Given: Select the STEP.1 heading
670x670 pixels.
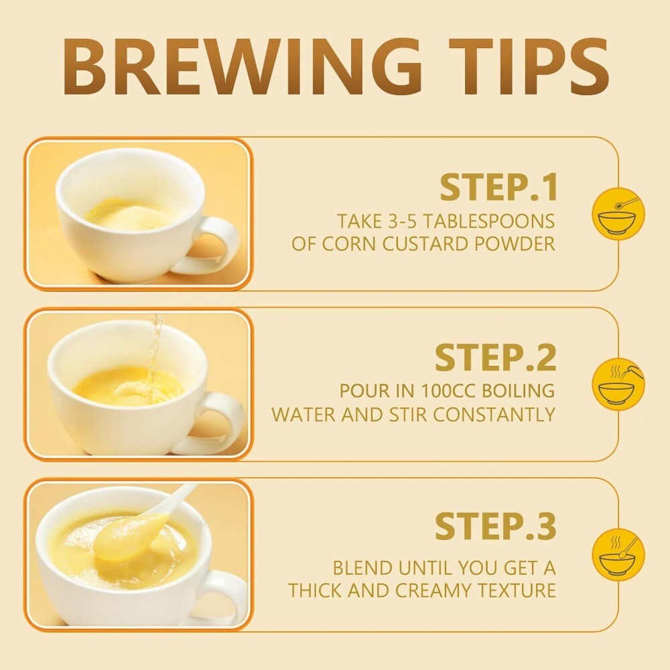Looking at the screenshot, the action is tap(498, 187).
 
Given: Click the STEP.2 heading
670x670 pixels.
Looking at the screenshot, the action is tap(496, 357).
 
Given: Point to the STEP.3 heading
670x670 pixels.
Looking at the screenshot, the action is tap(496, 526).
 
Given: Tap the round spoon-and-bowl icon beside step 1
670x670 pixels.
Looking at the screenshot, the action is tap(618, 213).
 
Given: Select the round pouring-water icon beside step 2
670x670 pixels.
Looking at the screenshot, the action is tap(618, 383).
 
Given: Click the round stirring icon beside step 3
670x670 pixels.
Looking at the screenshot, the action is tap(618, 554).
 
